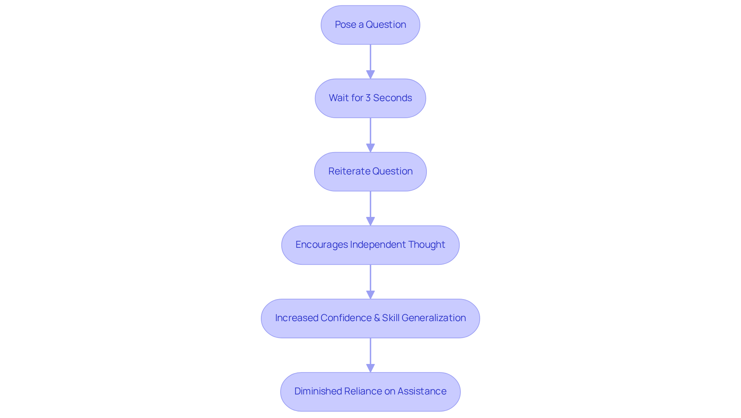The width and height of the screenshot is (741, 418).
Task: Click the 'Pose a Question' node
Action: [x=370, y=25]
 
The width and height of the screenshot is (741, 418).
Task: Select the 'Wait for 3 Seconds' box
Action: [x=370, y=98]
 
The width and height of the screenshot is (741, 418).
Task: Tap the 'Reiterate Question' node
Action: [x=370, y=171]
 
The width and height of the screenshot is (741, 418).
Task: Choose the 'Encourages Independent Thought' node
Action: [x=370, y=245]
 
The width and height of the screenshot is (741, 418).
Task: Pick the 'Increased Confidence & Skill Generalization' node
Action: [x=370, y=318]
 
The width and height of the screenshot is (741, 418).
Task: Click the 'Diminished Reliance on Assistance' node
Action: [x=370, y=391]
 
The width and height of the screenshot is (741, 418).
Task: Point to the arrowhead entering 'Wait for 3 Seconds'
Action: [x=370, y=74]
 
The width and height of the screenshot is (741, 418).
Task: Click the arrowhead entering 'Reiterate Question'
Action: [x=370, y=148]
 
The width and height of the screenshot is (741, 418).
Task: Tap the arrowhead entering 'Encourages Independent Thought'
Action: [x=370, y=221]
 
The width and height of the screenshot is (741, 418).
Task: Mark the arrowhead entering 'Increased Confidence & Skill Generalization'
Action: [x=370, y=294]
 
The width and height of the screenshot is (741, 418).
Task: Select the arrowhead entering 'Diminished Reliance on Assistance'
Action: [x=370, y=368]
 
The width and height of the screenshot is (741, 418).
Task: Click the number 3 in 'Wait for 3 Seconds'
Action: [x=368, y=98]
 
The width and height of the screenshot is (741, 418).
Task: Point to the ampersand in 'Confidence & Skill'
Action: [x=377, y=318]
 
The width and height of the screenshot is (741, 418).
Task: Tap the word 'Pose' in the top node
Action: [x=345, y=25]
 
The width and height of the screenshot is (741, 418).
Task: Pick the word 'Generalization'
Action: [x=433, y=318]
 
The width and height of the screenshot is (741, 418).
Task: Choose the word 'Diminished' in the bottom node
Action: [x=318, y=391]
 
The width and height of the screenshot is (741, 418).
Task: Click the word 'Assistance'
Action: [x=422, y=391]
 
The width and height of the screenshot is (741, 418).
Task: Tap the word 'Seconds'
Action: [x=392, y=98]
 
